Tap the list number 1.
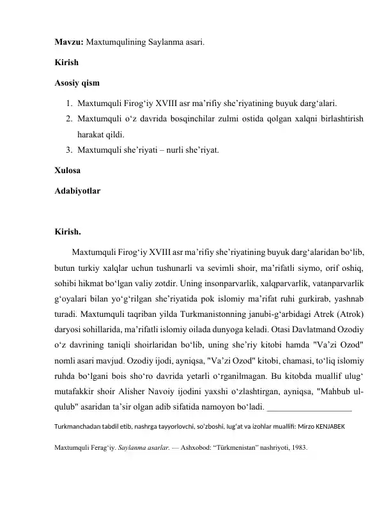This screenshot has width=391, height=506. click(68, 102)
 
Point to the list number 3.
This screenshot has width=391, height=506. click(68, 151)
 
